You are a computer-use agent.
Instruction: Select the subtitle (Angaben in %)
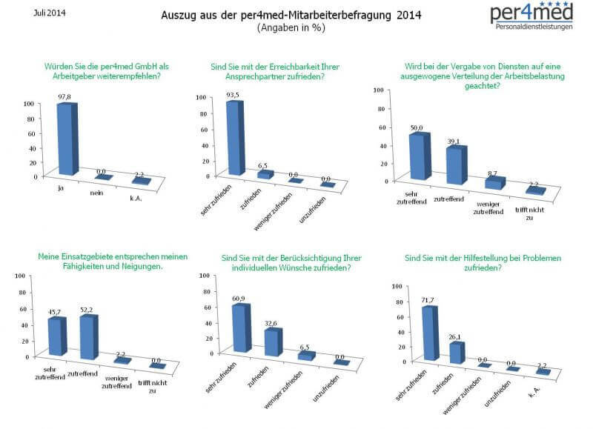(291, 27)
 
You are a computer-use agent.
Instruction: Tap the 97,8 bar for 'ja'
(67, 139)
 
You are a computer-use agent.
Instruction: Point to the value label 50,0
(417, 128)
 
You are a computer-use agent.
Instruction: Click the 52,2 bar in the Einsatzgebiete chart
(88, 337)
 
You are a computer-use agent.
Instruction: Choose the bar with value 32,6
(272, 342)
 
